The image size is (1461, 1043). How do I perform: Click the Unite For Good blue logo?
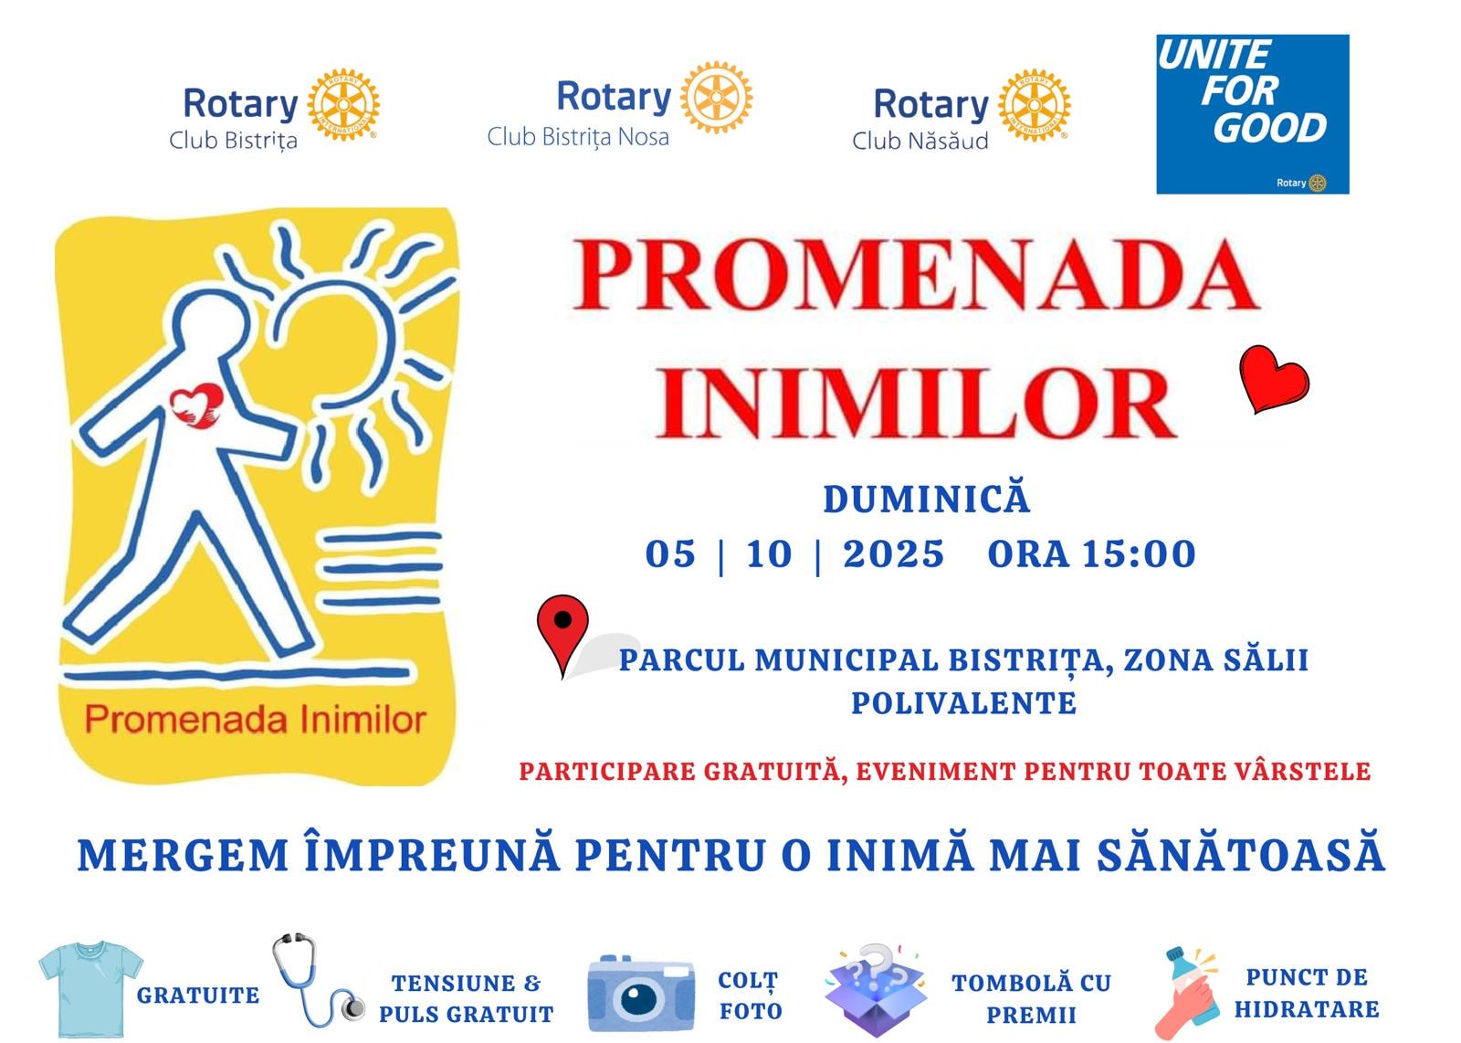[x=1252, y=114]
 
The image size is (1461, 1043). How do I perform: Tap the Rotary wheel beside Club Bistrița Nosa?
[x=716, y=97]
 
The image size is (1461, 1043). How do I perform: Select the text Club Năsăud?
[x=920, y=141]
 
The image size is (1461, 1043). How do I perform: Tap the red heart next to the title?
[x=1273, y=378]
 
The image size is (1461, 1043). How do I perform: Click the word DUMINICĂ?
[x=927, y=499]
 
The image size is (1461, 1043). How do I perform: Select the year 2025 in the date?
[x=894, y=553]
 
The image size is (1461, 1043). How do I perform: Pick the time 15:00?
[x=1139, y=553]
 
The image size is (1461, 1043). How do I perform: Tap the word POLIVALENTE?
[x=963, y=703]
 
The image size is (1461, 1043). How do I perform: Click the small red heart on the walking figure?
[x=195, y=406]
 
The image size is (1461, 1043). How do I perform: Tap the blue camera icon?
[x=640, y=994]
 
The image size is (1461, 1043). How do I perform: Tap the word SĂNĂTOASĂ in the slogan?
[x=1241, y=855]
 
